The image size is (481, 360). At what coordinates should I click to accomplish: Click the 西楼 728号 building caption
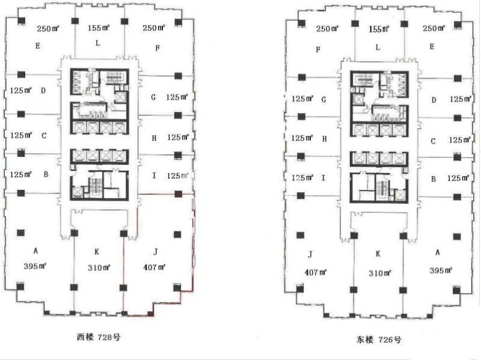tap(98, 337)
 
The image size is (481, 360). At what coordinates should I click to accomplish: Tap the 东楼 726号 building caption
tap(379, 340)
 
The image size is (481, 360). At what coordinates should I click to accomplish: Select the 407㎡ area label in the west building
tap(154, 267)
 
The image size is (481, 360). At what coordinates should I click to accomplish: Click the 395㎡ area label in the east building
tap(441, 270)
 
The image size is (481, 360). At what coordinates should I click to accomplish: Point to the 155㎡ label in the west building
tap(99, 28)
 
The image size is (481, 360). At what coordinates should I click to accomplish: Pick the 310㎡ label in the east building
tap(380, 273)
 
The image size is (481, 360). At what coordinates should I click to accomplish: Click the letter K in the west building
tap(97, 252)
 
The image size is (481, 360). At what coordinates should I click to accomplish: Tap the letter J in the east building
tap(310, 254)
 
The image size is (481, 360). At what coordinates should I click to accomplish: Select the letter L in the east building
tap(378, 47)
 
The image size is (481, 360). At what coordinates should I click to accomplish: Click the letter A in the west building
tap(35, 251)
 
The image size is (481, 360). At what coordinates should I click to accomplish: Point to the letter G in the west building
tap(153, 97)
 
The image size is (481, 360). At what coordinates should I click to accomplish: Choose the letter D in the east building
tap(434, 100)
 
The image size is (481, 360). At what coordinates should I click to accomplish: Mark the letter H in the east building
tap(325, 139)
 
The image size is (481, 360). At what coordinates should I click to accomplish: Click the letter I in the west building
tap(154, 175)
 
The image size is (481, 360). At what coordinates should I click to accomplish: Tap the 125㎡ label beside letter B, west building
tap(21, 174)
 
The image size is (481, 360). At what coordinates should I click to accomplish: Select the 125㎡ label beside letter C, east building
tap(460, 140)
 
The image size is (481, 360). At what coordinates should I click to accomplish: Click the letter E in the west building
tap(38, 46)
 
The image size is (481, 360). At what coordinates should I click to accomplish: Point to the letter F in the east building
tap(318, 49)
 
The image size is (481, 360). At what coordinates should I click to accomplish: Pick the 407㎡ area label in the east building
tap(316, 272)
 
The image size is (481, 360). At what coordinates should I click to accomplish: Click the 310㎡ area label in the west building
tap(99, 267)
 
